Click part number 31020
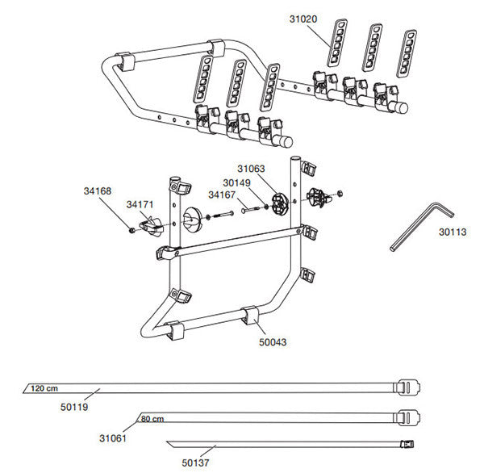303,16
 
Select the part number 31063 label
251,169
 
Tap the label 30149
238,182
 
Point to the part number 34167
223,195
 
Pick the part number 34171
140,206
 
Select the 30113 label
453,231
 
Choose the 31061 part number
114,437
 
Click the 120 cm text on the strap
45,389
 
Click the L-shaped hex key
419,226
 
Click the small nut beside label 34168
131,232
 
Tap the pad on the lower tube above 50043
248,314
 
